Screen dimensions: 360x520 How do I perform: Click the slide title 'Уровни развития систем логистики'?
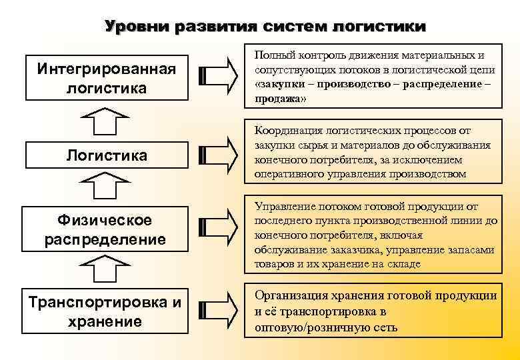point(265,27)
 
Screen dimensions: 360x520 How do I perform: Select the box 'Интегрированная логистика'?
point(106,79)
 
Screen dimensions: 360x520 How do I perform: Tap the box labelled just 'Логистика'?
point(106,155)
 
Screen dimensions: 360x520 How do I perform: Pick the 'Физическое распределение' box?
point(106,229)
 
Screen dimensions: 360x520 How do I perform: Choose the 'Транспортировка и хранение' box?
point(105,311)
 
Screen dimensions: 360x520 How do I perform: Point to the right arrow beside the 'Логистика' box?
point(218,155)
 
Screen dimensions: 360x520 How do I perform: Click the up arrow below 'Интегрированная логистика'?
point(106,123)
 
